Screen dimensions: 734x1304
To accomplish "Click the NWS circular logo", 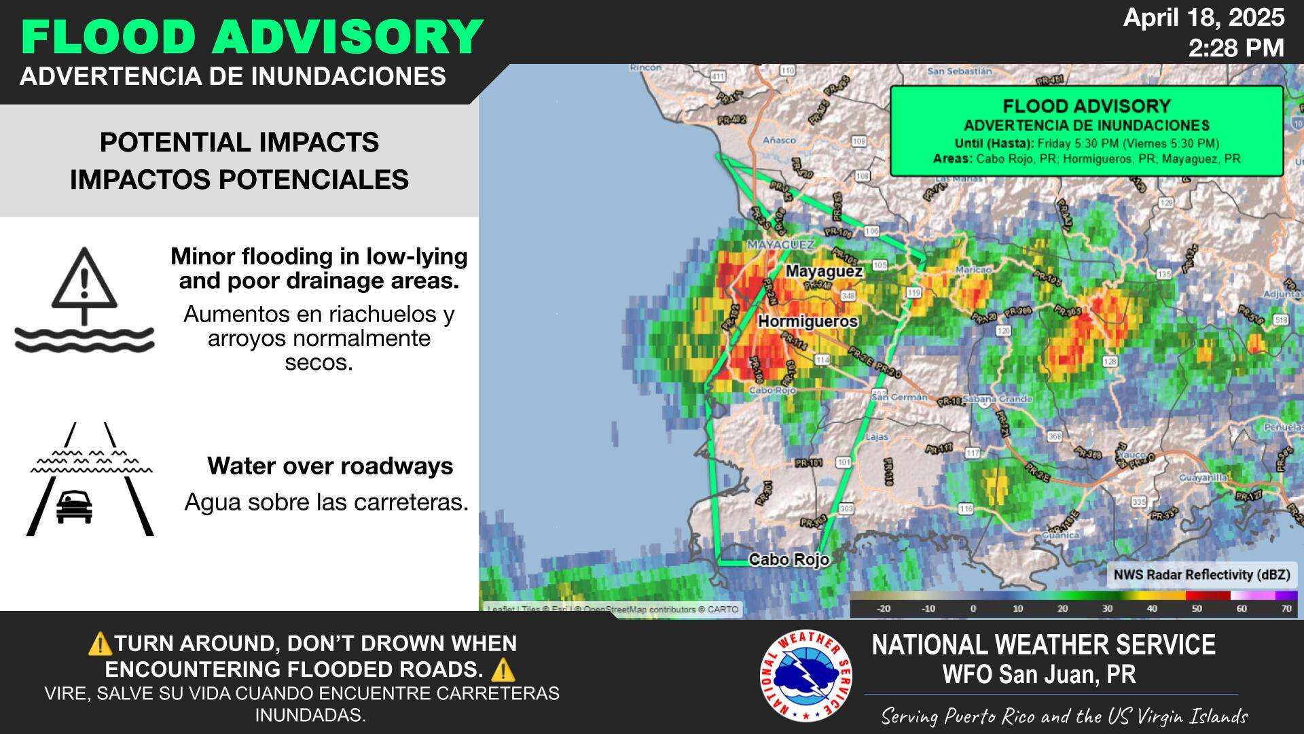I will (806, 676).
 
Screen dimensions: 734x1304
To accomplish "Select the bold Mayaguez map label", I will (824, 271).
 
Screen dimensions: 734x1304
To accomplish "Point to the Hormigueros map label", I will (808, 321).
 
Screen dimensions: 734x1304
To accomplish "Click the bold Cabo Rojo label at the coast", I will (789, 559).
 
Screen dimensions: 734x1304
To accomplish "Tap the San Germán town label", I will (899, 397).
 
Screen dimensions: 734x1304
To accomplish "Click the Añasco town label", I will (779, 140).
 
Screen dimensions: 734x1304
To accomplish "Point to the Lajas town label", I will (877, 437).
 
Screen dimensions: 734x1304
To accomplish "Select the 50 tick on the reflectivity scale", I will (1197, 609).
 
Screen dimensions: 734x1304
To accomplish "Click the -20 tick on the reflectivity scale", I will (884, 609).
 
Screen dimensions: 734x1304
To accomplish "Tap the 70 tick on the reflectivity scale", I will (1286, 609).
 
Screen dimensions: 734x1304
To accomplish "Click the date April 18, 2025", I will (1203, 18).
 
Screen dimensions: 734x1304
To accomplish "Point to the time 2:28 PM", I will (1236, 48).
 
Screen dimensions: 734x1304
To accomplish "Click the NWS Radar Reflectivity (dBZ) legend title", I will (1201, 575).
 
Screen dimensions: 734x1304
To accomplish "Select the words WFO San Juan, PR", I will (1038, 674).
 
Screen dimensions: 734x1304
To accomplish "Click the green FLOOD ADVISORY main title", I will (252, 37).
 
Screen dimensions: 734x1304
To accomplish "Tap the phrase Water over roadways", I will (330, 466).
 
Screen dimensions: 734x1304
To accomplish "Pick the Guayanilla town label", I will (1203, 478).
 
